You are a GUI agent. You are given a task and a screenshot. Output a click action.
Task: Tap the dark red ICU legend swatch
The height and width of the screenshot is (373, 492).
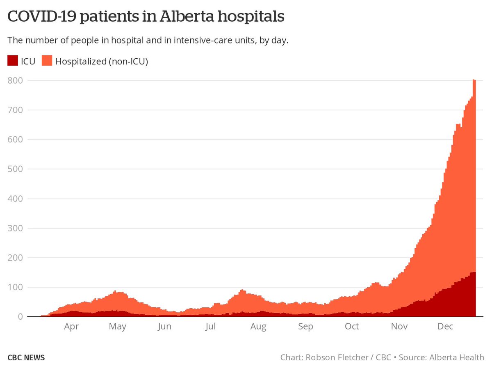pyautogui.click(x=12, y=61)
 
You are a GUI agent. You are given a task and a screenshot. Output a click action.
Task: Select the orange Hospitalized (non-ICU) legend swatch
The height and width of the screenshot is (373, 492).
pyautogui.click(x=47, y=61)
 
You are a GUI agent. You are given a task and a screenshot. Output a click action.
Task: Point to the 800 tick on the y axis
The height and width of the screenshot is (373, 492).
pyautogui.click(x=15, y=80)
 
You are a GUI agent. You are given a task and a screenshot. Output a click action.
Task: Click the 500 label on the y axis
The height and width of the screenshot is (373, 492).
pyautogui.click(x=15, y=169)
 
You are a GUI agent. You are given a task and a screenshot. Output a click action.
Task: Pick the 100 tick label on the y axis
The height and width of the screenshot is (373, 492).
pyautogui.click(x=15, y=287)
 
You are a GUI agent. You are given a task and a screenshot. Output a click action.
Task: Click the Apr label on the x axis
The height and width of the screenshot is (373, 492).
pyautogui.click(x=71, y=327)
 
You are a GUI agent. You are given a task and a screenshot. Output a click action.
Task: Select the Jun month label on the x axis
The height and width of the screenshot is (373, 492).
pyautogui.click(x=164, y=327)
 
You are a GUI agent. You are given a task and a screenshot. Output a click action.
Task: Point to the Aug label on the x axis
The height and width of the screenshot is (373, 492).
pyautogui.click(x=258, y=327)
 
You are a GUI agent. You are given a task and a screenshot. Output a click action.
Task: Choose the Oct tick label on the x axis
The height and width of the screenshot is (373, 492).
pyautogui.click(x=352, y=327)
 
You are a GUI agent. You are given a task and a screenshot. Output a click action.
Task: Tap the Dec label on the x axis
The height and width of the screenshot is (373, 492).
pyautogui.click(x=445, y=327)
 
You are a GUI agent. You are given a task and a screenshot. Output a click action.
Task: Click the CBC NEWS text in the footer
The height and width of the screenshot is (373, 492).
pyautogui.click(x=26, y=357)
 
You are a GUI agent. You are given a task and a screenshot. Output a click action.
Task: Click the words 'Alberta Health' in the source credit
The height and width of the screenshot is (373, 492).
pyautogui.click(x=457, y=357)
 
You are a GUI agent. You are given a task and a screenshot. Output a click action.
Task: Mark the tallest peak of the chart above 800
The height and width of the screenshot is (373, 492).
pyautogui.click(x=474, y=80)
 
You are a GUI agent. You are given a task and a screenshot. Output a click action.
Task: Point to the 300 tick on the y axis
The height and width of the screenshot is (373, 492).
pyautogui.click(x=15, y=228)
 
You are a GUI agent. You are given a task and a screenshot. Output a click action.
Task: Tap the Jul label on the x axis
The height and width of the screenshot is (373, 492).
pyautogui.click(x=210, y=327)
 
